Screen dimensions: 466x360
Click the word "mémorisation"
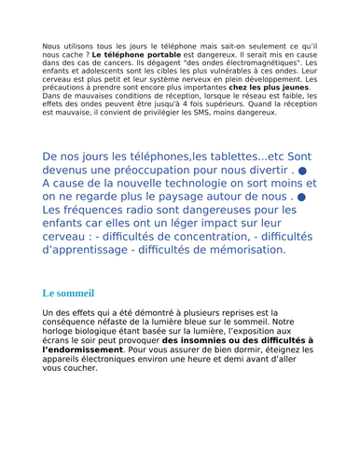pos(244,250)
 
